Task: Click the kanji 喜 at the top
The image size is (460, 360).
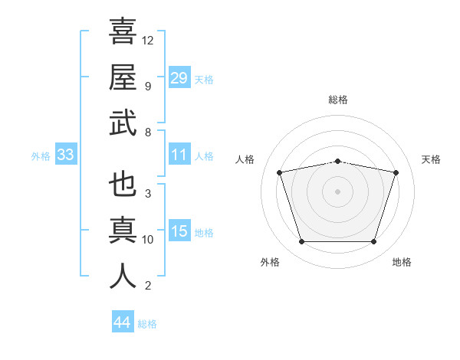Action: (x=123, y=31)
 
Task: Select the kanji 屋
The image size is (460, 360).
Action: (x=123, y=77)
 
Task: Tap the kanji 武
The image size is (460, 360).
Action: (x=123, y=123)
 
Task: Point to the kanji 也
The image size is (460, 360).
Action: (x=123, y=184)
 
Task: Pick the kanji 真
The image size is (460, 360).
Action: (x=123, y=230)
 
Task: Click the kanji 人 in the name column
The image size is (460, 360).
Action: (x=123, y=276)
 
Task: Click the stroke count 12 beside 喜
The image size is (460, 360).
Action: (x=147, y=41)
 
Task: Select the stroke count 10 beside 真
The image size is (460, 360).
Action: (x=147, y=240)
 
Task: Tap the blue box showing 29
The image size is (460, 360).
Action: (x=179, y=77)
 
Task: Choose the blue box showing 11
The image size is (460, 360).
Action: (x=179, y=154)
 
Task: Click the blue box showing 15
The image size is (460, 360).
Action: (x=179, y=230)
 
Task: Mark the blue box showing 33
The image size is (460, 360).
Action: (x=66, y=154)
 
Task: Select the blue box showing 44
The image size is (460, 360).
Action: (x=123, y=321)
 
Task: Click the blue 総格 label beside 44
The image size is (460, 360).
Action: (x=147, y=324)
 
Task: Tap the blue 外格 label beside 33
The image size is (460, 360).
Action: (x=41, y=156)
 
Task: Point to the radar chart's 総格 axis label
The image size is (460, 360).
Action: (x=338, y=100)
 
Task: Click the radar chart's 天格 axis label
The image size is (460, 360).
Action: (x=431, y=159)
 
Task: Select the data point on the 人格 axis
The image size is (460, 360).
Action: (x=279, y=172)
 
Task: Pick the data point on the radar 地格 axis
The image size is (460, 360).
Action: (x=374, y=242)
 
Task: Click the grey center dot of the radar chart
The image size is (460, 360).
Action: (x=337, y=191)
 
